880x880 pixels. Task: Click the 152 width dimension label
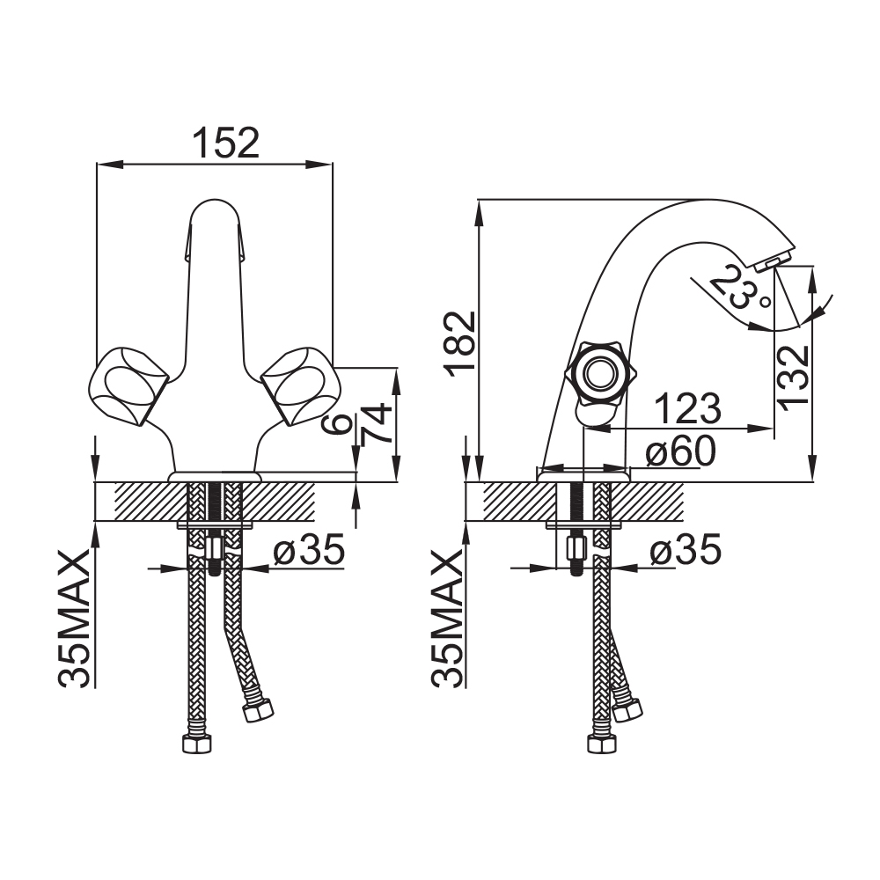(x=225, y=143)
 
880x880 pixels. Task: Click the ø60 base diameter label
(x=680, y=451)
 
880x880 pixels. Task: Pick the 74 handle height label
(x=376, y=423)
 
